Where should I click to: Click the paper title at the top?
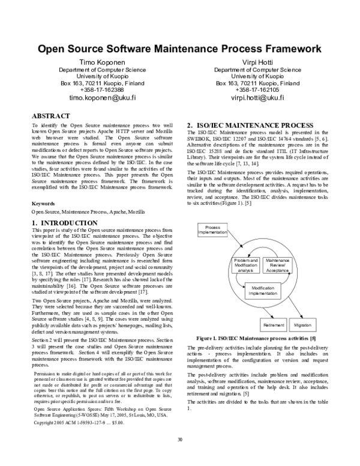coord(180,49)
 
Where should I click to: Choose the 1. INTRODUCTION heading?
coord(64,223)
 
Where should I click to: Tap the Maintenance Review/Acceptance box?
coord(277,265)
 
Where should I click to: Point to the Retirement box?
coord(273,325)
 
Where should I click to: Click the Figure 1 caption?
coord(257,339)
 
